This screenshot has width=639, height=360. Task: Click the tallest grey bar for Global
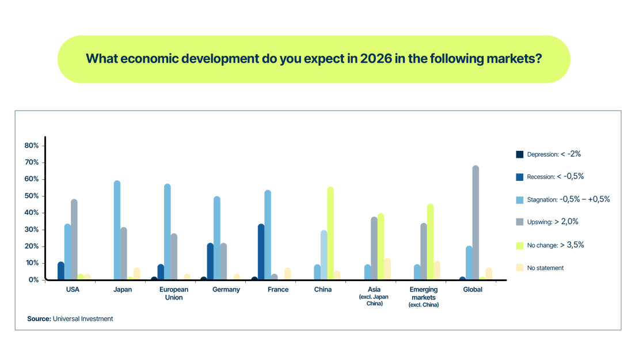[x=476, y=222]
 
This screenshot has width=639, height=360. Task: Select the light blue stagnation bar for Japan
[x=117, y=230]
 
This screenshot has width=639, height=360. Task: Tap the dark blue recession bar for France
[x=261, y=252]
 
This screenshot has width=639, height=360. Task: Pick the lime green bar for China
[x=330, y=233]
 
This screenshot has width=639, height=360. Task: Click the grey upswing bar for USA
[x=74, y=239]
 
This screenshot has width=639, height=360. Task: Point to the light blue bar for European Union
[x=168, y=232]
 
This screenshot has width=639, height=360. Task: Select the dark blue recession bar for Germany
[x=210, y=262]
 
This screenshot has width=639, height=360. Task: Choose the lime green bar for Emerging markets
[x=431, y=242]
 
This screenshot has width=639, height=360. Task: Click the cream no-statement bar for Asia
[x=387, y=269]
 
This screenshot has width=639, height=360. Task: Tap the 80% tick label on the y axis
[x=32, y=146]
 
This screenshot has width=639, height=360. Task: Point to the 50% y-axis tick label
[x=32, y=196]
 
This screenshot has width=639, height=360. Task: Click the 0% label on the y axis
[x=33, y=280]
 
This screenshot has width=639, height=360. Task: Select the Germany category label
[x=226, y=290]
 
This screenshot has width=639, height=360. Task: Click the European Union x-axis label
[x=174, y=293]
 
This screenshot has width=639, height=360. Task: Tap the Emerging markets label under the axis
[x=424, y=297]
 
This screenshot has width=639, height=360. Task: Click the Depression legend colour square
[x=520, y=154]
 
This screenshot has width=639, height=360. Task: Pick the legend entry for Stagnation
[x=563, y=199]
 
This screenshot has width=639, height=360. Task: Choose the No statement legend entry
[x=540, y=268]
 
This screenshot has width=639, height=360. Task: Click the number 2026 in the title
[x=376, y=59]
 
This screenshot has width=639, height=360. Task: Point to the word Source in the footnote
[x=39, y=319]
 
